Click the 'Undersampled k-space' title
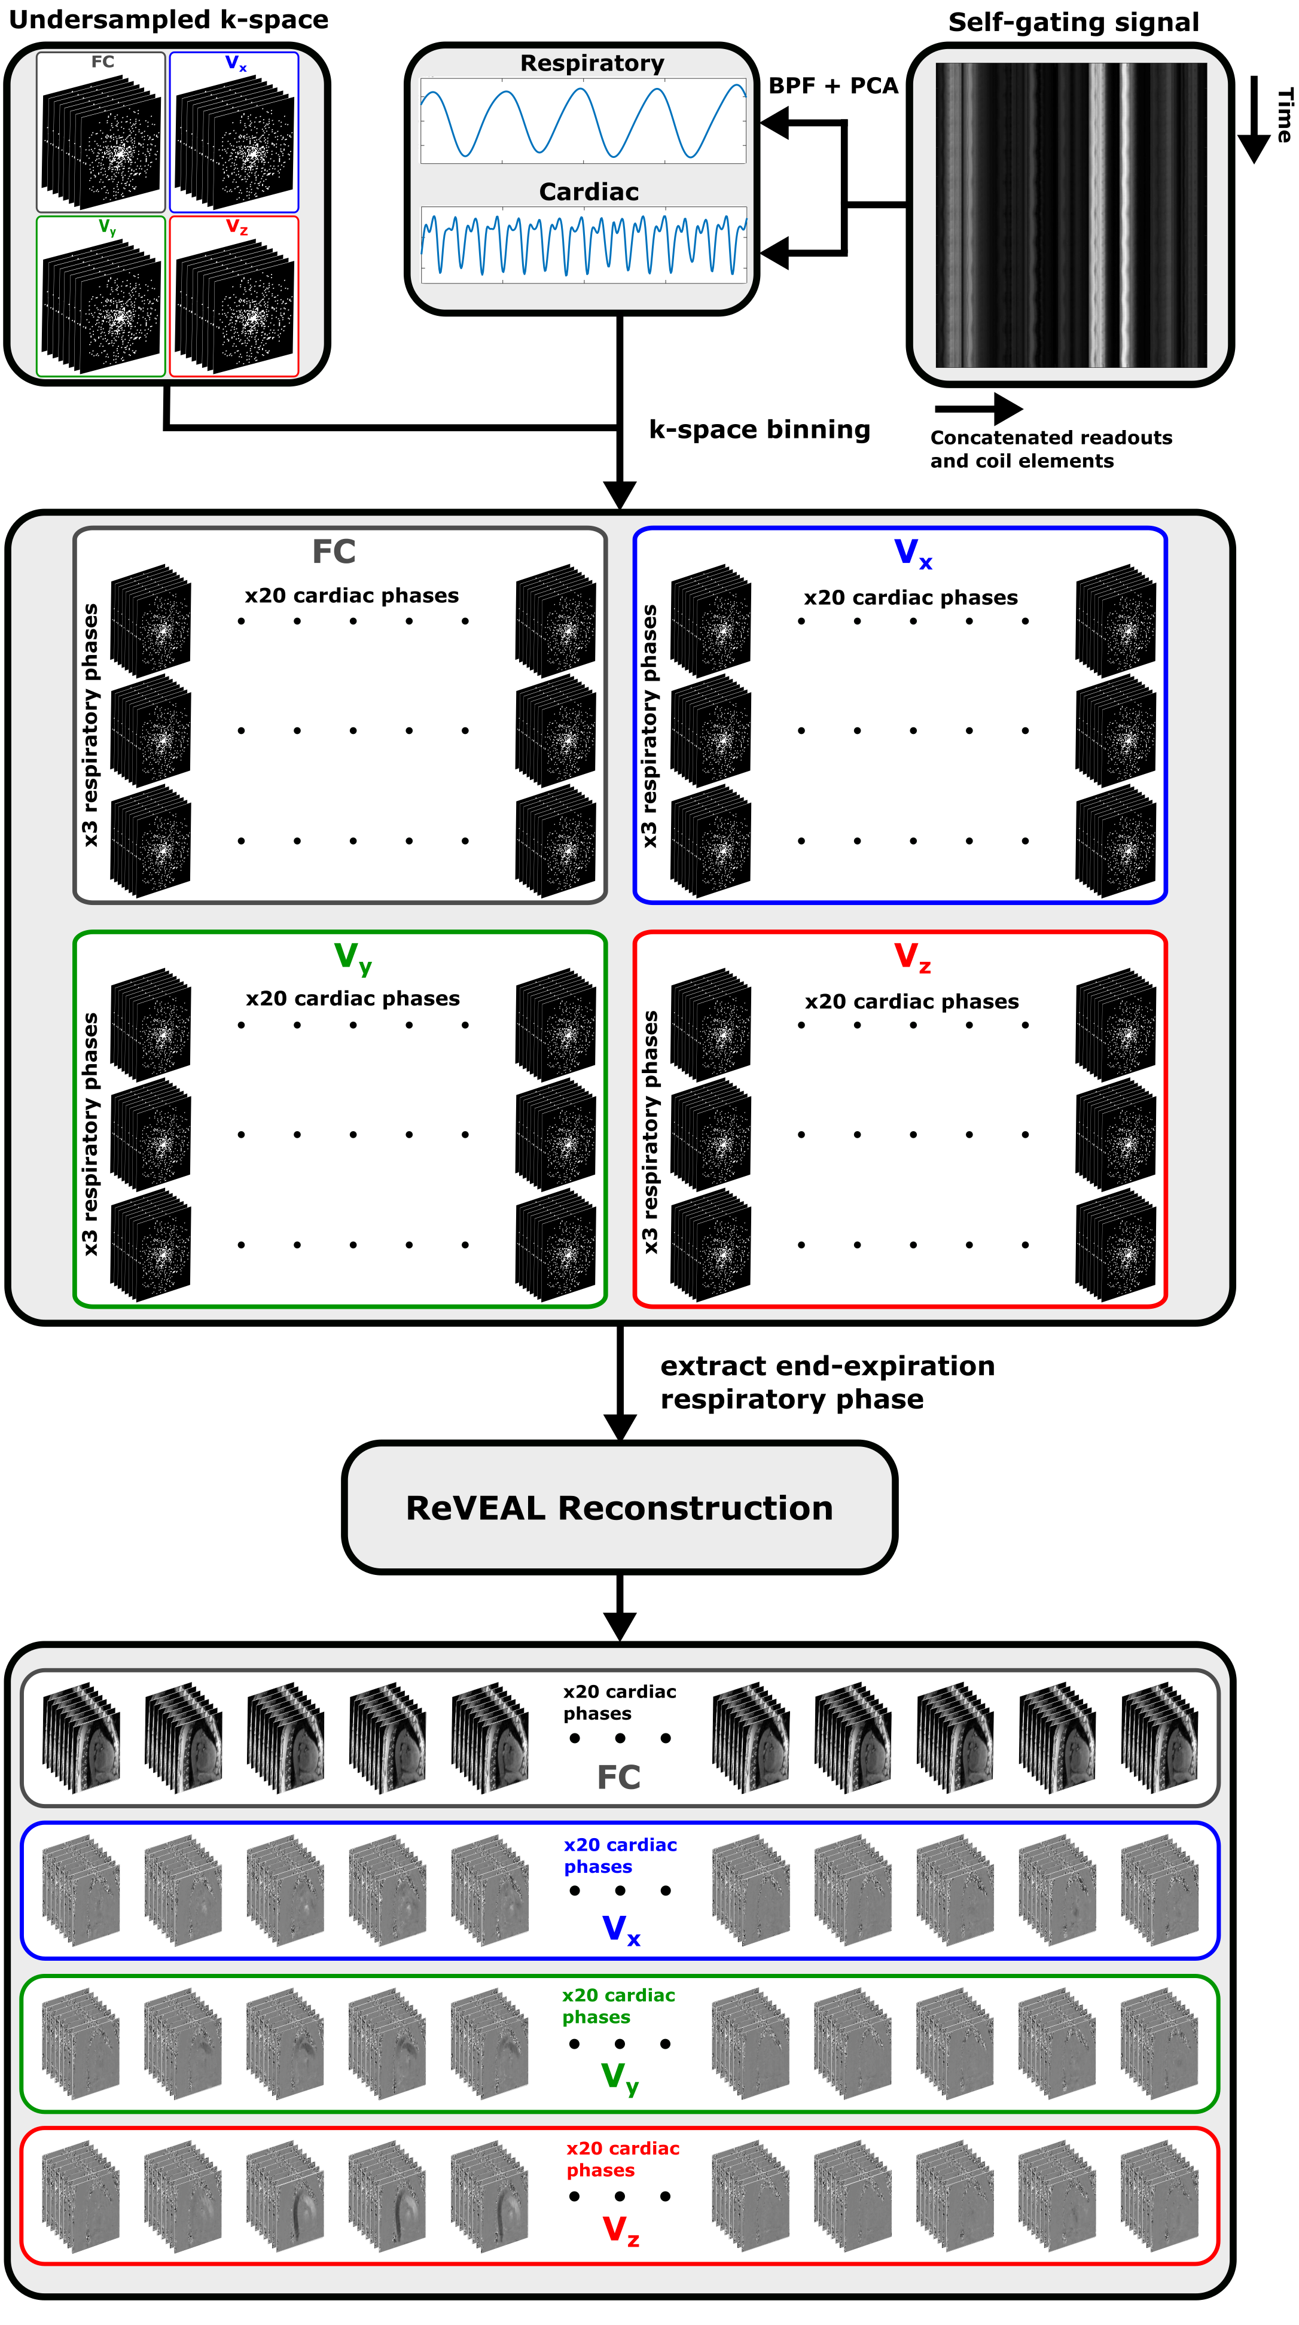(168, 20)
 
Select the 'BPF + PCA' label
(833, 86)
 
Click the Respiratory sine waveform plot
(583, 121)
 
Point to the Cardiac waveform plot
(583, 243)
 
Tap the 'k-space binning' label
(759, 429)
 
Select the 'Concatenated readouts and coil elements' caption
(1051, 449)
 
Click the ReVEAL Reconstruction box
(619, 1507)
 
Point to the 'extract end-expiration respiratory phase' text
(827, 1382)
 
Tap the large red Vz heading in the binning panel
(911, 956)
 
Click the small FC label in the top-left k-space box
(103, 62)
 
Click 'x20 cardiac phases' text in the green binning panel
(353, 998)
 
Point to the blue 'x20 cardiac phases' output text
(620, 1855)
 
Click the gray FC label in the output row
(618, 1777)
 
